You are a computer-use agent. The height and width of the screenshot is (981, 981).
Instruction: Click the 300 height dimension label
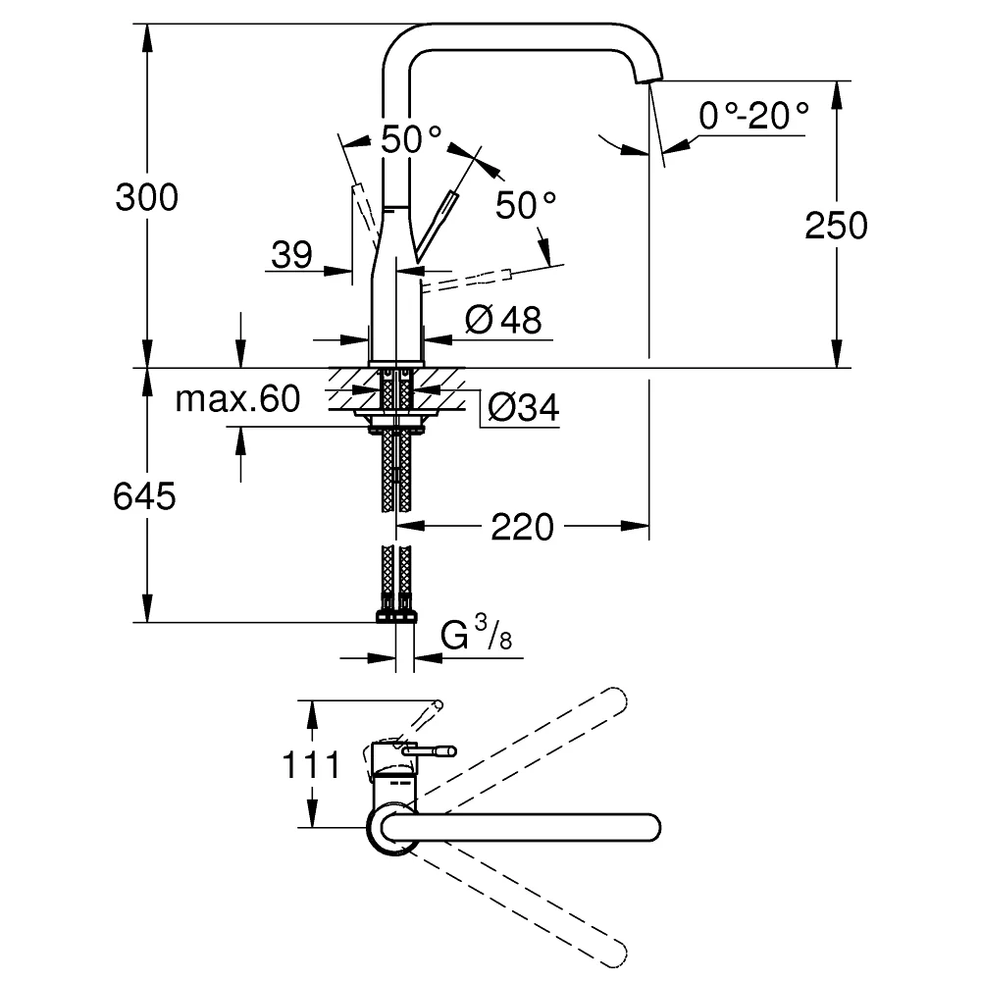(x=146, y=198)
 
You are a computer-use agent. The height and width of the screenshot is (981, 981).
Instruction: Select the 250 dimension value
(x=836, y=226)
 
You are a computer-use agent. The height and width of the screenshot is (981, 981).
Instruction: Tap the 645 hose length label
(x=144, y=496)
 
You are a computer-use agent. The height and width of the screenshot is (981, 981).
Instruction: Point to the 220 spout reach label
(x=522, y=527)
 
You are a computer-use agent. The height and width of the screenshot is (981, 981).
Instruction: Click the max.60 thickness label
(x=237, y=398)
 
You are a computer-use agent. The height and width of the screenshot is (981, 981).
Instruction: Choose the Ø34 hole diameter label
(x=523, y=407)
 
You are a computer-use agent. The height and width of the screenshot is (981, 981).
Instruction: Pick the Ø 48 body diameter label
(x=503, y=320)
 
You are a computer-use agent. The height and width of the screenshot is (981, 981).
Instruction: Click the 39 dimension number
(x=291, y=255)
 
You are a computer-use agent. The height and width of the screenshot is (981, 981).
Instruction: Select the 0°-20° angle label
(x=753, y=116)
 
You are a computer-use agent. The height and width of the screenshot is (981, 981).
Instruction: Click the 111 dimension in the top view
(x=311, y=764)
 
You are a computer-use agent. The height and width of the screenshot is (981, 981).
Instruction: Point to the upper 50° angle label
(x=411, y=139)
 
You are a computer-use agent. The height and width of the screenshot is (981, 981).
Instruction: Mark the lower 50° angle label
(x=526, y=205)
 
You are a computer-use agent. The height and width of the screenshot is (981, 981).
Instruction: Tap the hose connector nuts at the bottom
(x=396, y=616)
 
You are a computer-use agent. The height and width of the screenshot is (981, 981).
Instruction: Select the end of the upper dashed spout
(x=617, y=697)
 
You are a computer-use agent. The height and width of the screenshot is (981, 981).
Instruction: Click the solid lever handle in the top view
(x=430, y=750)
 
